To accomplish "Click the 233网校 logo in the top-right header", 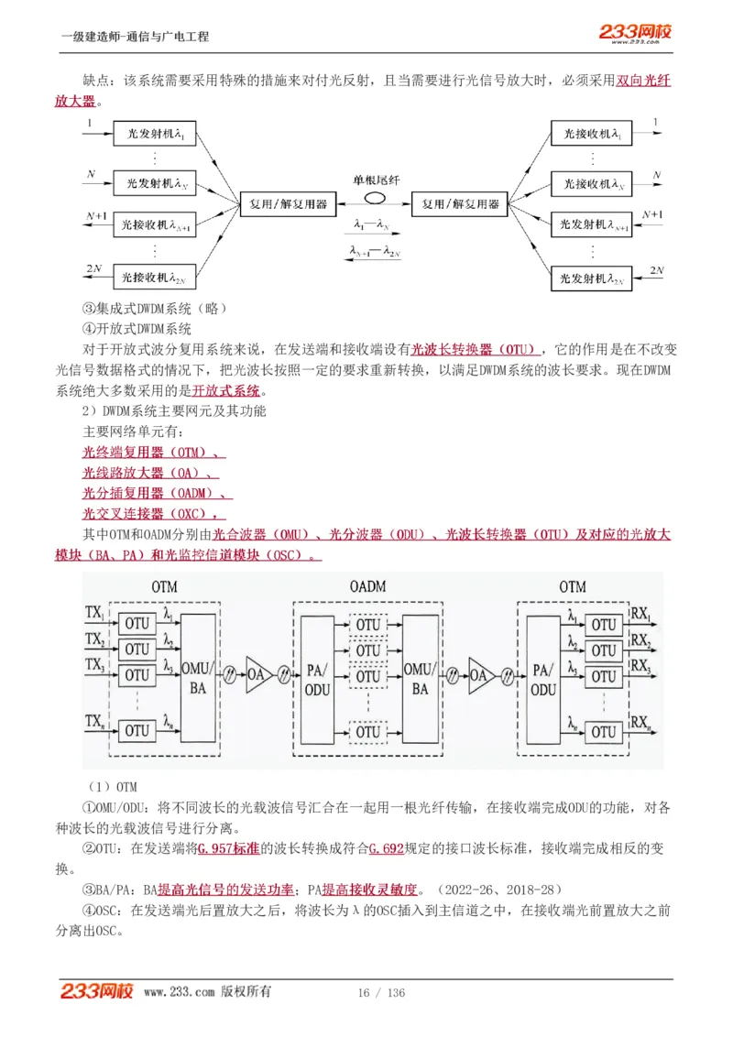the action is click(x=635, y=33).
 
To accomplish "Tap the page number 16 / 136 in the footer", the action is click(x=381, y=993).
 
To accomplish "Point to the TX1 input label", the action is click(x=93, y=611).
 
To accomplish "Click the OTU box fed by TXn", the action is click(x=137, y=730).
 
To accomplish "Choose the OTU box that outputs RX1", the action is click(x=603, y=625).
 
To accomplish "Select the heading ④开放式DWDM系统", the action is click(x=137, y=329).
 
